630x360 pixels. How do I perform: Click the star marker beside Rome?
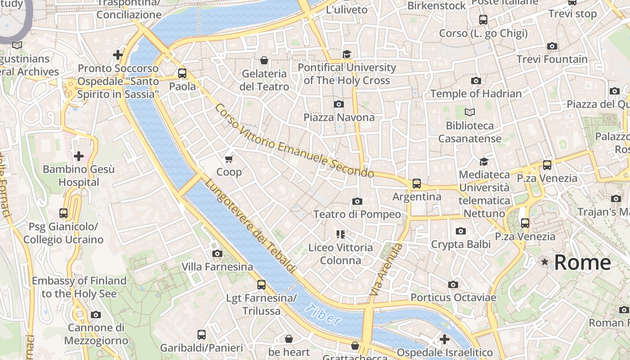tap(545, 262)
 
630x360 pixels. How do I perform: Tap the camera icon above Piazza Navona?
tap(339, 104)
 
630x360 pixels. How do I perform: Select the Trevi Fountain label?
tap(552, 59)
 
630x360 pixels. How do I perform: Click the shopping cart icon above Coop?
tap(229, 159)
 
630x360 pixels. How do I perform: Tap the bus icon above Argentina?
tap(417, 184)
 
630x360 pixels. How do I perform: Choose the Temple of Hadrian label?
tap(476, 94)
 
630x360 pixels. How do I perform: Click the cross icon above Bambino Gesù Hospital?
tap(79, 156)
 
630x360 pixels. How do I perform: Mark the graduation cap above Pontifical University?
tap(346, 54)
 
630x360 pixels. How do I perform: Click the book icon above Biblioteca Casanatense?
tap(470, 112)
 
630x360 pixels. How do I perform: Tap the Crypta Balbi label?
tap(460, 244)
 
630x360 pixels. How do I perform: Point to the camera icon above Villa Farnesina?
tap(217, 254)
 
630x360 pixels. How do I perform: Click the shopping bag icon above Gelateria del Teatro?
tap(264, 60)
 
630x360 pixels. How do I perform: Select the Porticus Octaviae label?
tap(453, 297)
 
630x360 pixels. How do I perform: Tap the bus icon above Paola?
tap(182, 73)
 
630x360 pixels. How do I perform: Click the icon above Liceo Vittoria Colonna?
tap(340, 234)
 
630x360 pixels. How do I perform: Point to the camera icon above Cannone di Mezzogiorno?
tap(96, 315)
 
